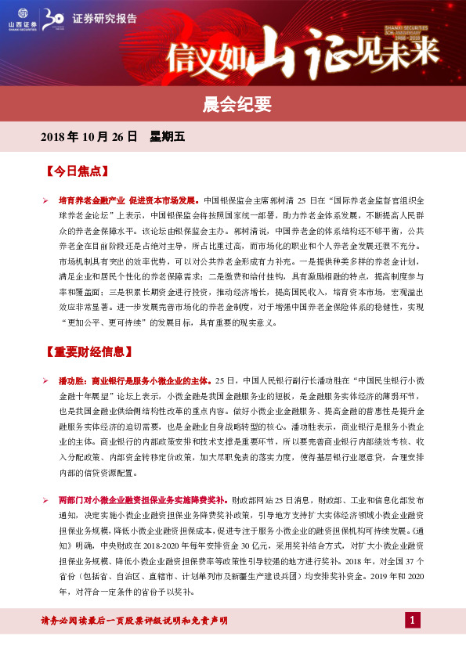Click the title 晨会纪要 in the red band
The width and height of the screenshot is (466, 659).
(x=233, y=104)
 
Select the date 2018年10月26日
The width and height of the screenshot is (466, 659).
(x=89, y=137)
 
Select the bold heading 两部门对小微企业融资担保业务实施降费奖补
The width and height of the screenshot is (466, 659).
(x=143, y=499)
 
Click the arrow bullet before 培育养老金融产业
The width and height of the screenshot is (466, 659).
(x=46, y=201)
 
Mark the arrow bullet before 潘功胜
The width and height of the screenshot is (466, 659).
(x=46, y=380)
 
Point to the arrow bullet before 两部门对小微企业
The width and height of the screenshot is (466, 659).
(x=46, y=499)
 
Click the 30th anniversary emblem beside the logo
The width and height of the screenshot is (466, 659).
(x=54, y=19)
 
